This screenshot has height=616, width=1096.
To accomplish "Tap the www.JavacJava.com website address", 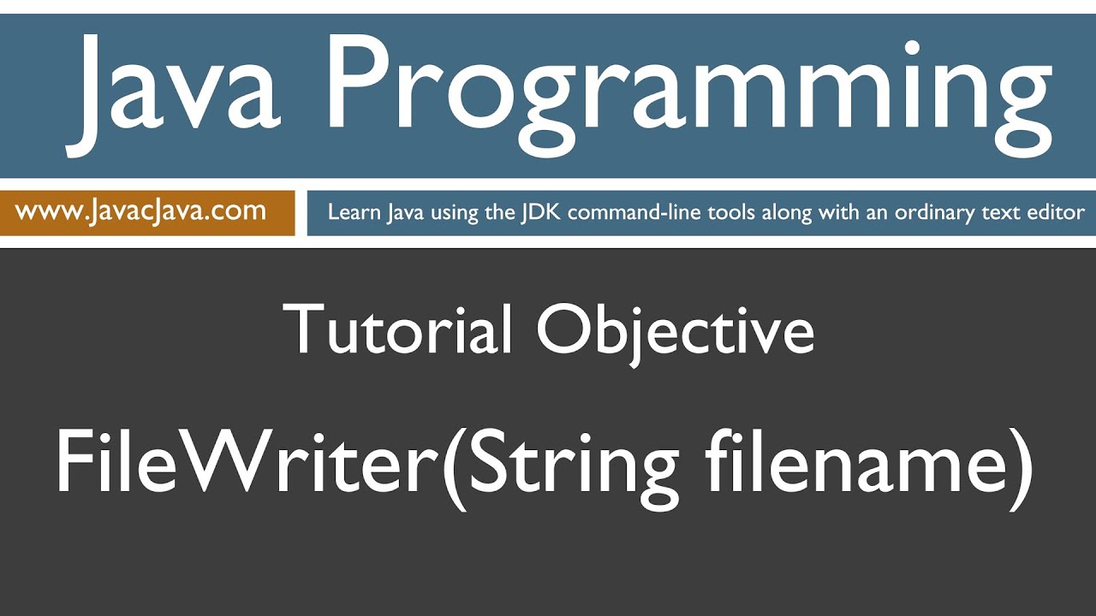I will [140, 210].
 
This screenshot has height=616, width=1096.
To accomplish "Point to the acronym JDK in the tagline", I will [541, 212].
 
